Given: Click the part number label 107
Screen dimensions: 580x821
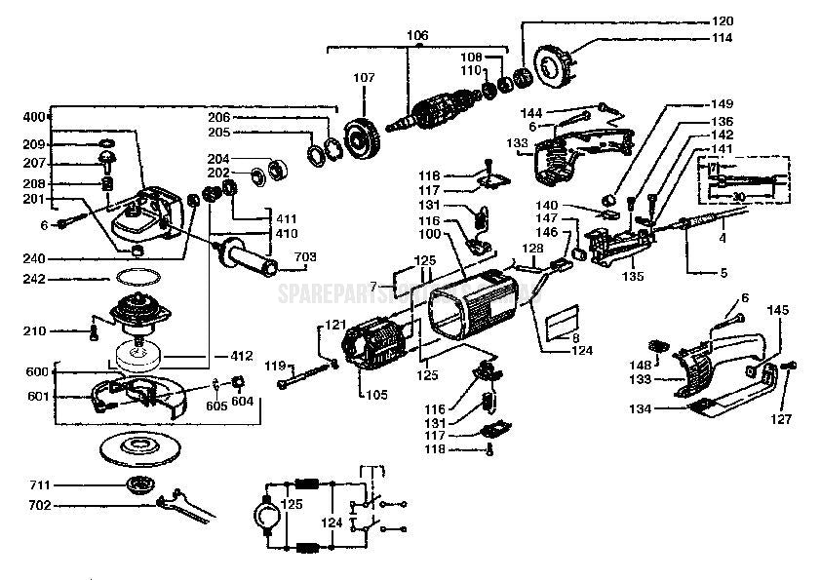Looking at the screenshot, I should (363, 77).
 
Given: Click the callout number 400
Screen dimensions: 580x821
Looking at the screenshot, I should (33, 116).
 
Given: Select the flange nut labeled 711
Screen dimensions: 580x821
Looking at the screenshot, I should (142, 484).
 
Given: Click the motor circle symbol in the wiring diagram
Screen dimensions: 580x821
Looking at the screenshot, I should (266, 514).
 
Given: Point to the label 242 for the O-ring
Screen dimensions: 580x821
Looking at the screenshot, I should (33, 279).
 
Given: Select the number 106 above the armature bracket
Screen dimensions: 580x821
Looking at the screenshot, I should (416, 36).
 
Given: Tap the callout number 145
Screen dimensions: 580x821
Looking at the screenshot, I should (777, 310).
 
